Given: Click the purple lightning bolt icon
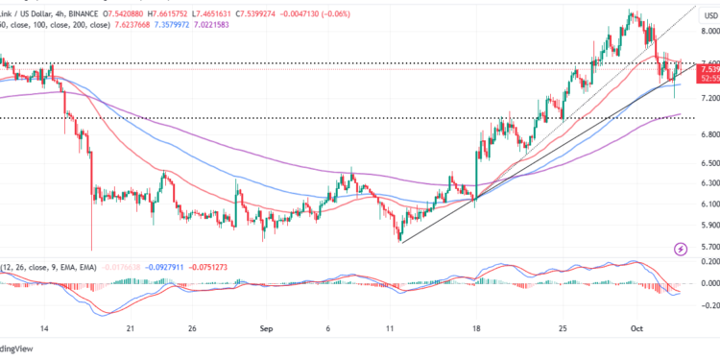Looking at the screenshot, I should [x=682, y=249].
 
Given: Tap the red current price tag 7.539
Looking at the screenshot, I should [x=709, y=69].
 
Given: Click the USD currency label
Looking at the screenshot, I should [x=708, y=14].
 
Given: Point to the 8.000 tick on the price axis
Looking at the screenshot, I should [x=708, y=31].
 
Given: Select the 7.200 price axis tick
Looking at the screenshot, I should [x=708, y=99].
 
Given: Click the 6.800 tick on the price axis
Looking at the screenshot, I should [x=708, y=135].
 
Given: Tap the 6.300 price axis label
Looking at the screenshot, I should [x=708, y=182].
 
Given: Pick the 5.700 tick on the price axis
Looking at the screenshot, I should [x=708, y=247].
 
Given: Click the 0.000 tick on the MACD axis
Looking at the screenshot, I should [x=708, y=283].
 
